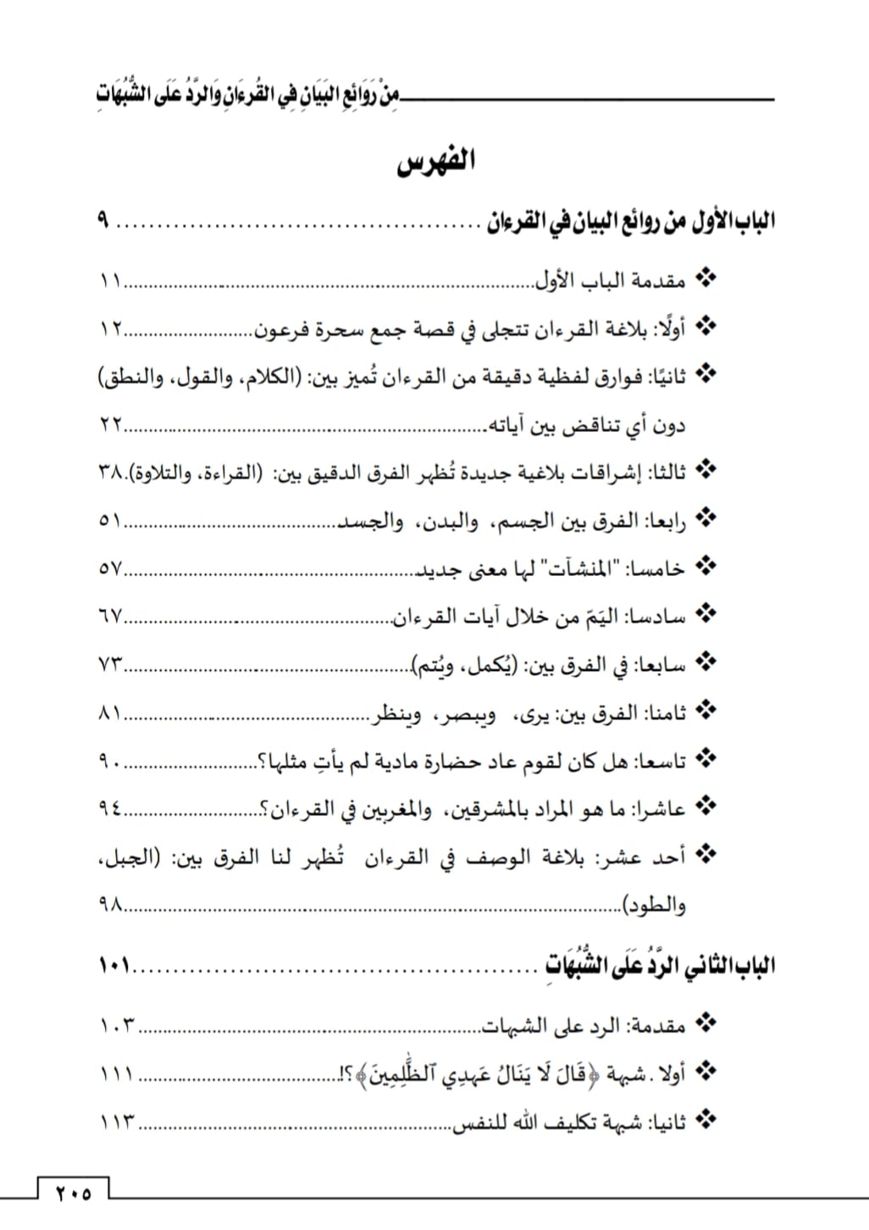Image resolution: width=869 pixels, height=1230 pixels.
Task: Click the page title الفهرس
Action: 435,161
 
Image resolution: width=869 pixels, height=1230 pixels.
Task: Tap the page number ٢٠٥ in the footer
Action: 73,1194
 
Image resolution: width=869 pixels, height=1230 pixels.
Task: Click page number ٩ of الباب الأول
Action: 102,221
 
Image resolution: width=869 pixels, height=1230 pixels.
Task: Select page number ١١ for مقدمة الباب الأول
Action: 110,280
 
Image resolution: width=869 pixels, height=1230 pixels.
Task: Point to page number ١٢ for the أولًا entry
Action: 111,328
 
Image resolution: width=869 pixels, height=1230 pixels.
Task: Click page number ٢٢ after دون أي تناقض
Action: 111,424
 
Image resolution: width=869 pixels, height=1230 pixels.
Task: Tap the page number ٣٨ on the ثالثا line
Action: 112,472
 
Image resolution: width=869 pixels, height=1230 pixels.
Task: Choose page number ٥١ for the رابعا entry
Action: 111,520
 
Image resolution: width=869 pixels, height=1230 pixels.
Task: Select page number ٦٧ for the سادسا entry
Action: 111,617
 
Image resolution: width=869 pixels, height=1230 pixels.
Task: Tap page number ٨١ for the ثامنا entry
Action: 111,713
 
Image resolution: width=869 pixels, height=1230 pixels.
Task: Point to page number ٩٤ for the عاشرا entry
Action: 111,809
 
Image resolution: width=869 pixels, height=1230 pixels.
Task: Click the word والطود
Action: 655,905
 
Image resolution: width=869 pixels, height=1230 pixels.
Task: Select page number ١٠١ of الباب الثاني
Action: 115,965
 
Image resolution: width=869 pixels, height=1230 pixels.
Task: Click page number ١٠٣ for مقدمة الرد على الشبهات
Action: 118,1026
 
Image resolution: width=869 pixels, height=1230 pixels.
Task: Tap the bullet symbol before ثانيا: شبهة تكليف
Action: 705,1121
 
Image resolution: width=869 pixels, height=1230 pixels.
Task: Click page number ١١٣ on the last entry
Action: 118,1122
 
